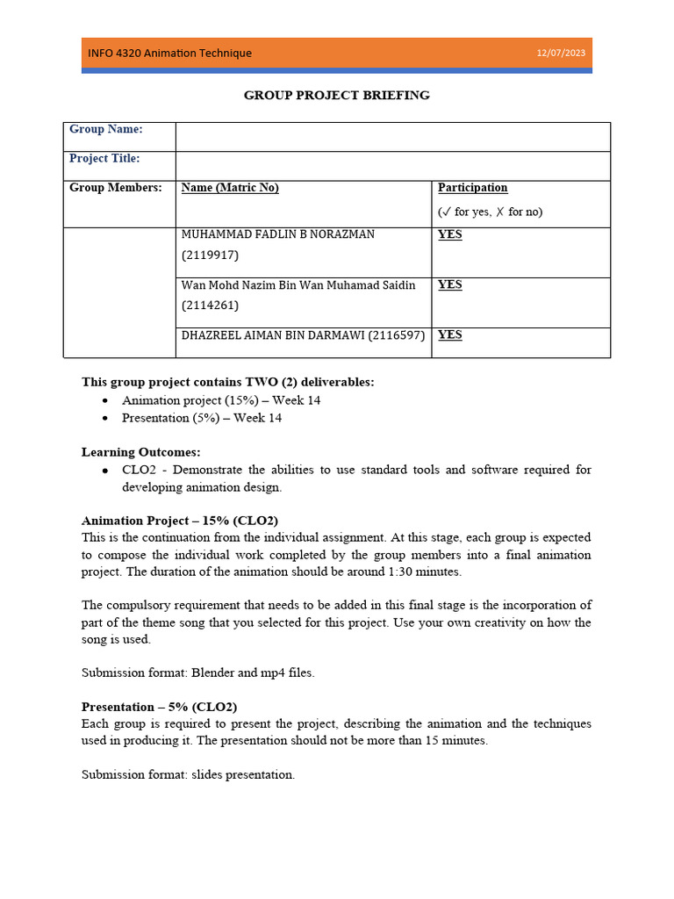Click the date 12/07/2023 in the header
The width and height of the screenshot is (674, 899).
click(x=561, y=54)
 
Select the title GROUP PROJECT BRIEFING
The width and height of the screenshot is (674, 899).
click(x=336, y=95)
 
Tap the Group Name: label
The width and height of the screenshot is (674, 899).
click(x=106, y=129)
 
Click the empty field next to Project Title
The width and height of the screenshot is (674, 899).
click(x=392, y=166)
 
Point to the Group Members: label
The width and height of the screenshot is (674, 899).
click(x=116, y=187)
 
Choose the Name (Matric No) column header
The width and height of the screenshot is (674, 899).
click(x=230, y=187)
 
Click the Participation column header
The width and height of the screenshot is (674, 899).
click(x=472, y=187)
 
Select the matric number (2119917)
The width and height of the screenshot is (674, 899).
click(x=210, y=255)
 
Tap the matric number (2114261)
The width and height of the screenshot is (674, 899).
click(x=210, y=306)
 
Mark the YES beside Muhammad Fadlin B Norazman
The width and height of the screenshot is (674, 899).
click(x=449, y=234)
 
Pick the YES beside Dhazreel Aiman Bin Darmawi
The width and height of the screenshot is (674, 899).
click(x=449, y=334)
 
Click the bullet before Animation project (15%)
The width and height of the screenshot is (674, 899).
click(x=105, y=400)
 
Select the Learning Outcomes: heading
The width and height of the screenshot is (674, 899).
click(x=141, y=452)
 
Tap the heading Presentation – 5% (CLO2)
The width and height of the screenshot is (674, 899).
click(x=159, y=707)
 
